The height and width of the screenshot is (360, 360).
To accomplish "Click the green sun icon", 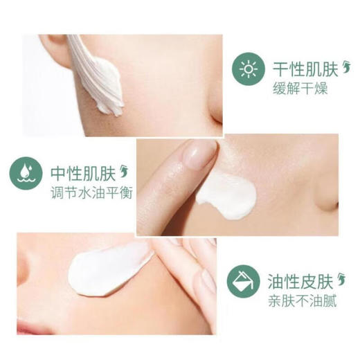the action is pos(249,69).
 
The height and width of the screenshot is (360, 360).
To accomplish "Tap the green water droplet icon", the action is pos(26,173).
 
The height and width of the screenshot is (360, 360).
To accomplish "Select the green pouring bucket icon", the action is pos(243,281).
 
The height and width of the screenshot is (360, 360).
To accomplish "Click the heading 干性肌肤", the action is pos(305,69).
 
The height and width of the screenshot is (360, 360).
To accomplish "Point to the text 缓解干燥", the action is pos(300,89).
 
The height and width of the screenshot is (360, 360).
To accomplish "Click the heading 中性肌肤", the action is pos(83,174).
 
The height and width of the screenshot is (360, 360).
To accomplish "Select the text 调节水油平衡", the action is pos(91,193).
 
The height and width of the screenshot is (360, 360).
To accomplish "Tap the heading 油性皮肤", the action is pos(300,282).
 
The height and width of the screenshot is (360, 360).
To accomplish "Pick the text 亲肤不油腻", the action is pos(302,301).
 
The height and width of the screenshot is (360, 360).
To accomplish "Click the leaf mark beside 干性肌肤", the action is pos(347,67).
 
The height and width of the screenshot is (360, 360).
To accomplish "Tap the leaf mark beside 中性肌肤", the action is pos(124,172).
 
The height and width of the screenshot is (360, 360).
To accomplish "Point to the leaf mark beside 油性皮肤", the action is pos(342,280).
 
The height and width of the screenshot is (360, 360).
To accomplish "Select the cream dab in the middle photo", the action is pos(227,196).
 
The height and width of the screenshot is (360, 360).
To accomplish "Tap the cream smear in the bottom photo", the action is pos(109,269).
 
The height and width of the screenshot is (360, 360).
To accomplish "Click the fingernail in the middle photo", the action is pos(199,154).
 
